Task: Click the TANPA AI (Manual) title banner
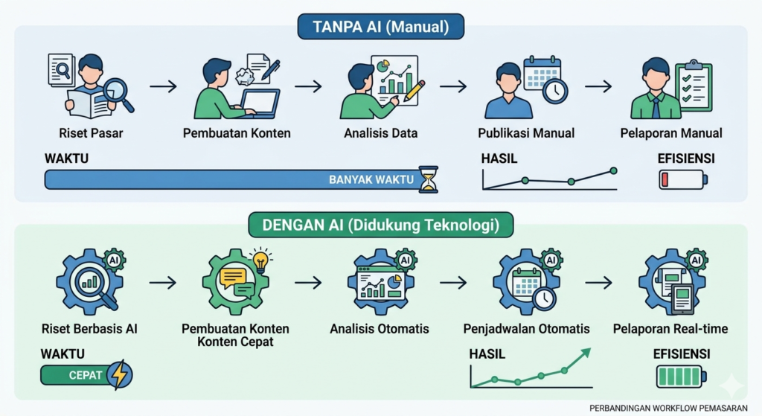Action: pyautogui.click(x=380, y=26)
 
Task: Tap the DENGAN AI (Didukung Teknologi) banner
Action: pyautogui.click(x=380, y=225)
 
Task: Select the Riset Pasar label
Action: pyautogui.click(x=91, y=133)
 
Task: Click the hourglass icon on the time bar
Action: pyautogui.click(x=428, y=179)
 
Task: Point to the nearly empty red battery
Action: pyautogui.click(x=683, y=179)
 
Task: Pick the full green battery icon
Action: pyautogui.click(x=682, y=377)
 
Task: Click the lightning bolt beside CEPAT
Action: pyautogui.click(x=120, y=374)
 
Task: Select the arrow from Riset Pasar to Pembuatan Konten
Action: pyautogui.click(x=163, y=87)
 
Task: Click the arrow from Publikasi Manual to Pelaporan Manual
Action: pyautogui.click(x=598, y=87)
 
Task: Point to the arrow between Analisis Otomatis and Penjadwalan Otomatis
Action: pyautogui.click(x=453, y=282)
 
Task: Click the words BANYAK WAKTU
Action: pyautogui.click(x=371, y=180)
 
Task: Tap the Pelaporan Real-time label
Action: pyautogui.click(x=670, y=329)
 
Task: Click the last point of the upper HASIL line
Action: pyautogui.click(x=613, y=170)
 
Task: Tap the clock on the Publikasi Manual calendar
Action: pyautogui.click(x=555, y=90)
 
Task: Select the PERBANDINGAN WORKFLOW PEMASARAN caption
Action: pyautogui.click(x=668, y=409)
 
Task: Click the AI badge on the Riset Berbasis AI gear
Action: pyautogui.click(x=114, y=260)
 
